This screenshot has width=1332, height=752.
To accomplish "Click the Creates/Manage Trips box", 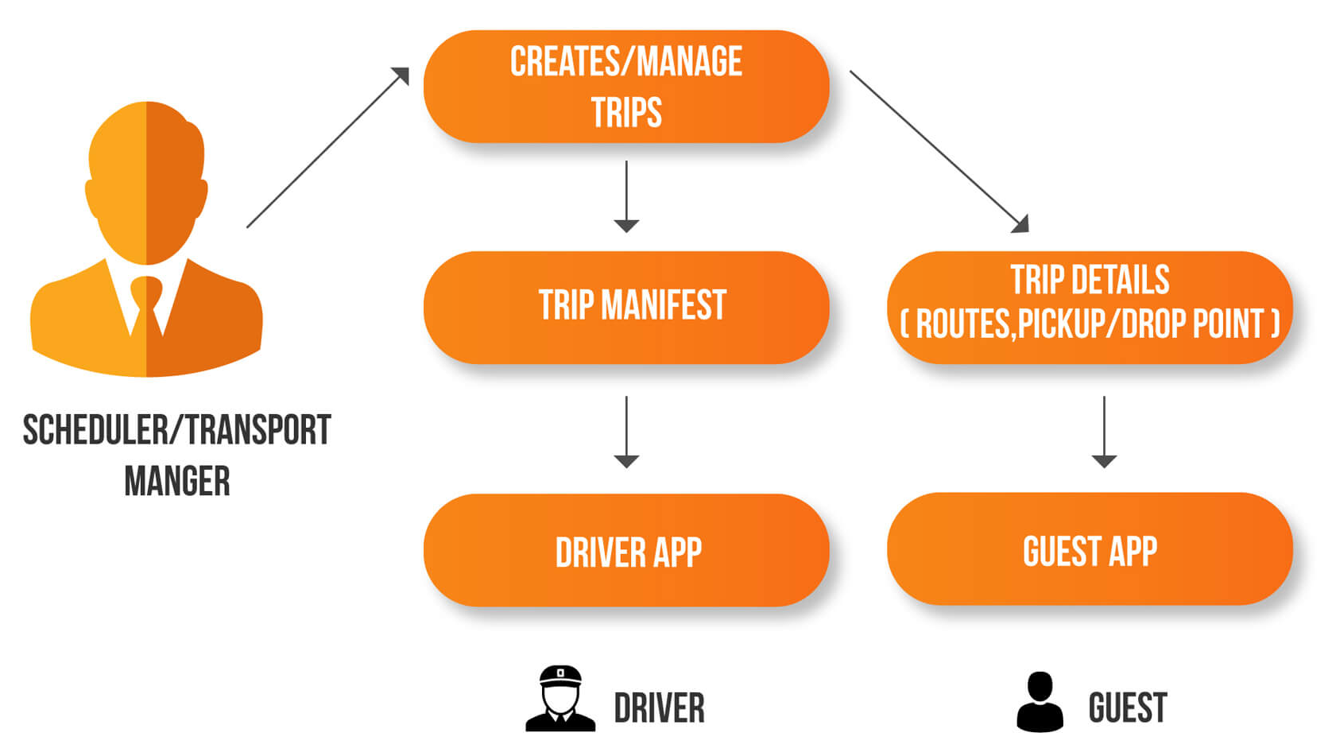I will tap(626, 87).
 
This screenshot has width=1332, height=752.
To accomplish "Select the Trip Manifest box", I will tap(626, 307).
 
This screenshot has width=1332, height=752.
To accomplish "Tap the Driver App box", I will tap(626, 550).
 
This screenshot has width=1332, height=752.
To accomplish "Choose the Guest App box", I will tap(1090, 549).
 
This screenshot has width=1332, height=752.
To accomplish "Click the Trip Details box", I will tap(1090, 307).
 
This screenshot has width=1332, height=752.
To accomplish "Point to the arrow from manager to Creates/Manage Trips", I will tap(327, 148).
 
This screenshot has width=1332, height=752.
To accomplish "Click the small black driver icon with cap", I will tap(560, 699).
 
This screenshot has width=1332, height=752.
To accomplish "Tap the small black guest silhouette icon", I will tap(1040, 701).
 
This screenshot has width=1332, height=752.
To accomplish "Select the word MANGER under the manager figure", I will tap(177, 481).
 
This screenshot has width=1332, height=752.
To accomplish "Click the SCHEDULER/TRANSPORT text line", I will tap(176, 430).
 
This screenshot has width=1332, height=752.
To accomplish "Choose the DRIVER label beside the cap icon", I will tap(659, 708).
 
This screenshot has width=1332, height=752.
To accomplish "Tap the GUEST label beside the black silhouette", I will tap(1127, 708).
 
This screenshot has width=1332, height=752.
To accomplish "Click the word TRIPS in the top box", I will tap(626, 112).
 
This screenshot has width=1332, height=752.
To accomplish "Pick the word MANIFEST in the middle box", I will tap(664, 305).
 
